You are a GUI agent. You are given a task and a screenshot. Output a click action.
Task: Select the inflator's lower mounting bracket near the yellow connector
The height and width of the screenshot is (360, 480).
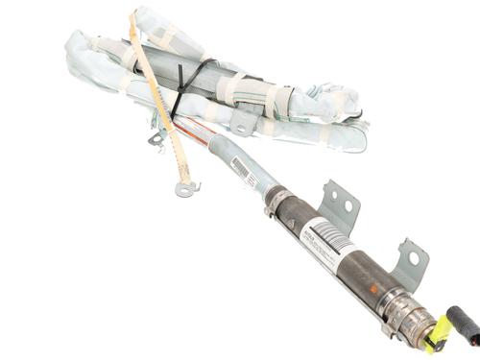point(408,263)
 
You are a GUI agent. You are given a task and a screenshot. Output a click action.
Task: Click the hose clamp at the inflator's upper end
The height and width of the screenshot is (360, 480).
point(276,199)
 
